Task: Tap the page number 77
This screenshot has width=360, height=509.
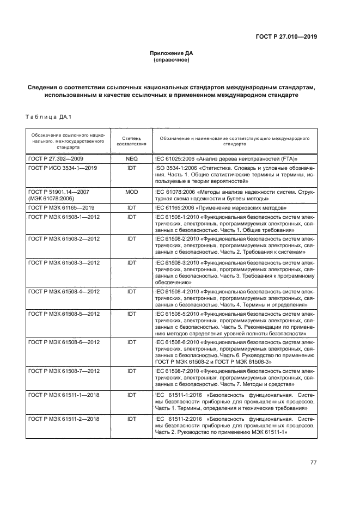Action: click(x=313, y=462)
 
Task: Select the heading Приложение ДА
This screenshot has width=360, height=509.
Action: click(x=172, y=53)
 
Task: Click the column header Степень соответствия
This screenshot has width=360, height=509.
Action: click(x=131, y=142)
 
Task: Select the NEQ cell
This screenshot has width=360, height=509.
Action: click(x=131, y=160)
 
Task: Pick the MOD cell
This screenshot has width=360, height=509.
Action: click(x=131, y=192)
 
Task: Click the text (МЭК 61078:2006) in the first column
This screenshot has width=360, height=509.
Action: click(x=50, y=199)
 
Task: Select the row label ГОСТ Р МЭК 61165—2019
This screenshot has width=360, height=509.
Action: click(x=63, y=208)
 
